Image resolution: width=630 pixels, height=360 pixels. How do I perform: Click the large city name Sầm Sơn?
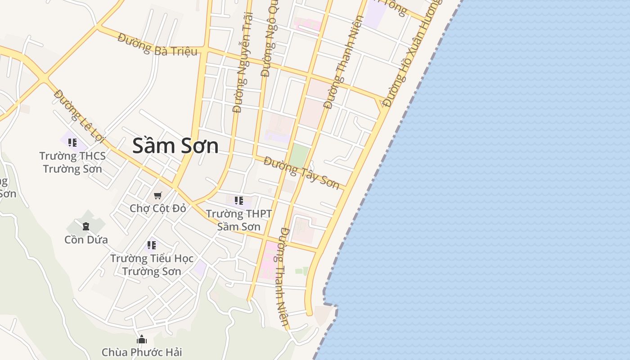pos(175,146)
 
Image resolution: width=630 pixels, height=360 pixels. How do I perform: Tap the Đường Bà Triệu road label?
pos(157,45)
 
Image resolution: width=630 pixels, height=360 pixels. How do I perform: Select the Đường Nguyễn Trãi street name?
pos(243,63)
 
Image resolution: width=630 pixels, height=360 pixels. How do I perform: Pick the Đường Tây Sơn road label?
pos(301,173)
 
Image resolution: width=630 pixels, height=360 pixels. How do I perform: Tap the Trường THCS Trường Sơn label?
pos(72,162)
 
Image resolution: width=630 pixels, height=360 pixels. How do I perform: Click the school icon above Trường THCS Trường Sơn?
pos(72,143)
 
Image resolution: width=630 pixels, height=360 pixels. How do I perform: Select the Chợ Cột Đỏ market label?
pos(157,208)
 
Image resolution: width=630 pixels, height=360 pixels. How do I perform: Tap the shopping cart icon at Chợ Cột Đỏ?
pos(157,196)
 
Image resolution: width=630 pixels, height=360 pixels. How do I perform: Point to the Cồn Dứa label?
pos(86,240)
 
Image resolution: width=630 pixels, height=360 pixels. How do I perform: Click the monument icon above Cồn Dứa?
pos(86,226)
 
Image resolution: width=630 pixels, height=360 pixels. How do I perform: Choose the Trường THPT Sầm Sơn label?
pos(238,220)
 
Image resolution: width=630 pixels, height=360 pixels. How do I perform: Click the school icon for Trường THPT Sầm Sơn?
pos(238,200)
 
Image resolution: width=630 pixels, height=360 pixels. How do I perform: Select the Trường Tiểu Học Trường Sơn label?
pos(152,265)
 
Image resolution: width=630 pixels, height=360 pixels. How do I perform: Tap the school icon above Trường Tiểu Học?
pos(152,245)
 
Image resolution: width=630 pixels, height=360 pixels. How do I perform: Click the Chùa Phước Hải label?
pos(142,352)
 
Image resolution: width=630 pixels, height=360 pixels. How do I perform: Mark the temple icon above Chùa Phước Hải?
pos(142,339)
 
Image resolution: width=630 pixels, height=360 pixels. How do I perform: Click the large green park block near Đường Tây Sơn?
pos(299,155)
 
